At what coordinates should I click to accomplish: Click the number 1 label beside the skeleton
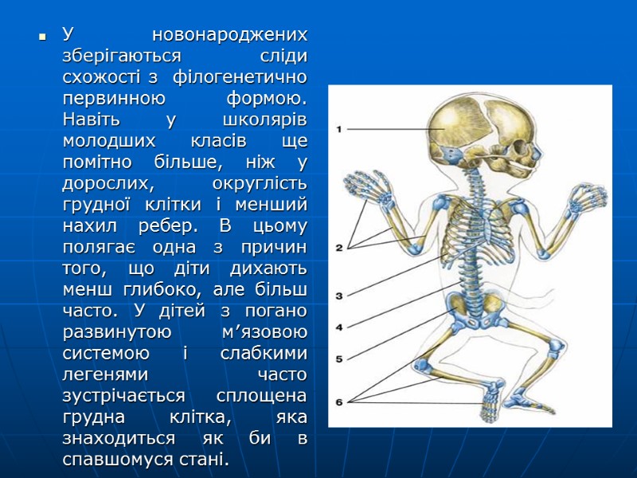point(339,128)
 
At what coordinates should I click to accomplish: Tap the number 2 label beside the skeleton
point(339,248)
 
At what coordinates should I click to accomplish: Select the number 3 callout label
point(339,296)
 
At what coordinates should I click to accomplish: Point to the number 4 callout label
point(339,327)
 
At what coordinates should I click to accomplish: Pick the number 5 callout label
point(339,358)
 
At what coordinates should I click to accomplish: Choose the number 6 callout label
point(339,402)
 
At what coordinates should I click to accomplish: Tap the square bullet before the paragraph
point(37,37)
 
